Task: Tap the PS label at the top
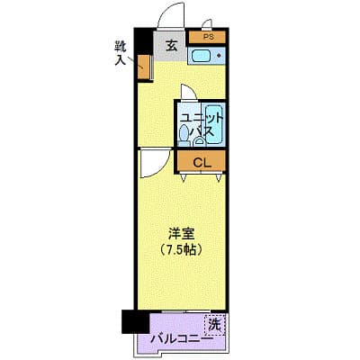(x=208, y=37)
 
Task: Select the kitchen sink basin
(x=201, y=58)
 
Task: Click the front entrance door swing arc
(x=166, y=18)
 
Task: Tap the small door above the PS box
(x=208, y=25)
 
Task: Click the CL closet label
(x=202, y=162)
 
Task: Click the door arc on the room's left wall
(x=153, y=165)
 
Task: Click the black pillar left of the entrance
(x=140, y=42)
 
